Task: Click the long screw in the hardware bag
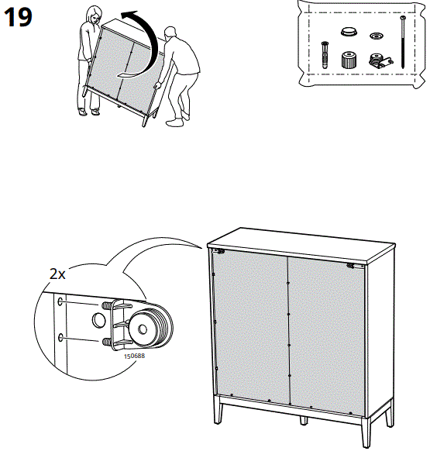(404, 43)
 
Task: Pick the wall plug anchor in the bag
(323, 55)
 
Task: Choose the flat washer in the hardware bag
(377, 36)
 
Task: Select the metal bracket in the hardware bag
(377, 60)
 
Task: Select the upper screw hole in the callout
(60, 301)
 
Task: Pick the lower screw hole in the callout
(60, 338)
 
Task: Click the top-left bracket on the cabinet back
(220, 252)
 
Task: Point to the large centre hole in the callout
(98, 319)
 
